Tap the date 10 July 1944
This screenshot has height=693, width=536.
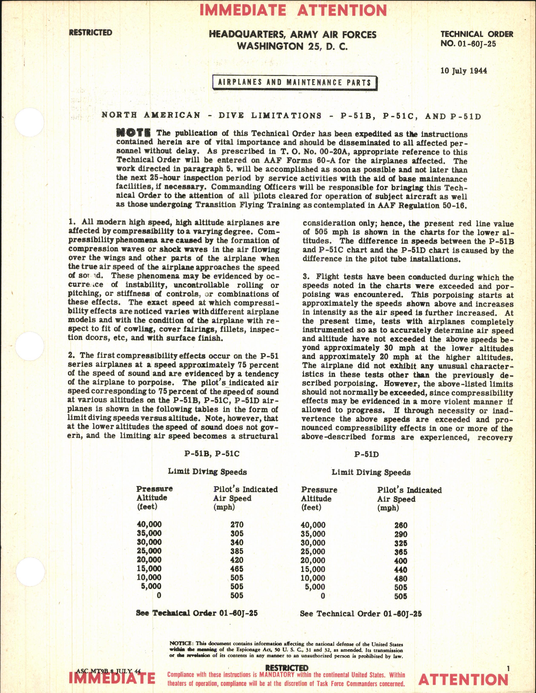464,70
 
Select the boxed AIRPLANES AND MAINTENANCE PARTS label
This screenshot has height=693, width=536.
295,83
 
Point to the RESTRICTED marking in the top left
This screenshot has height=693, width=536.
91,33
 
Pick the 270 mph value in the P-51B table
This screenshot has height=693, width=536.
237,524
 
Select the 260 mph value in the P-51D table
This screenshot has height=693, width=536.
401,525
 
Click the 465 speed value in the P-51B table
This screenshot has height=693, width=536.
237,569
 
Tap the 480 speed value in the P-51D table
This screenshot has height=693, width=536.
401,578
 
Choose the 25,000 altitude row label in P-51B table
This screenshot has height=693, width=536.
149,551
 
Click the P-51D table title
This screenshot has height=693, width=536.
366,454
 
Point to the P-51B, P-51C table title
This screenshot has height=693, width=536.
212,453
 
